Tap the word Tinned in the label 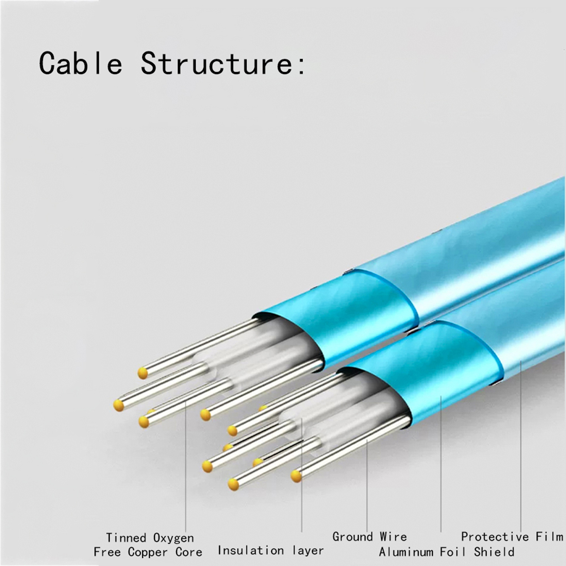pyautogui.click(x=126, y=538)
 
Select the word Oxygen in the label pyautogui.click(x=173, y=538)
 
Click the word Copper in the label pyautogui.click(x=148, y=552)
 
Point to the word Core pyautogui.click(x=189, y=552)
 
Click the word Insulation pyautogui.click(x=250, y=550)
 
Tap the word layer pyautogui.click(x=308, y=550)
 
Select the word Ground pyautogui.click(x=353, y=537)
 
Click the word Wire pyautogui.click(x=393, y=537)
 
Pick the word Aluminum pyautogui.click(x=406, y=552)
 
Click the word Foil pyautogui.click(x=454, y=552)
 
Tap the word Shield pyautogui.click(x=494, y=552)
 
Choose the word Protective pyautogui.click(x=495, y=537)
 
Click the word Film pyautogui.click(x=549, y=537)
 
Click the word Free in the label pyautogui.click(x=107, y=552)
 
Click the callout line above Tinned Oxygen pyautogui.click(x=186, y=467)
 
